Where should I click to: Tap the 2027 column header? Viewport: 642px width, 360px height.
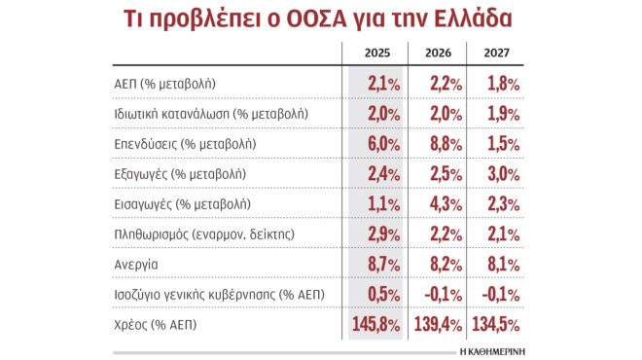pos(495,54)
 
